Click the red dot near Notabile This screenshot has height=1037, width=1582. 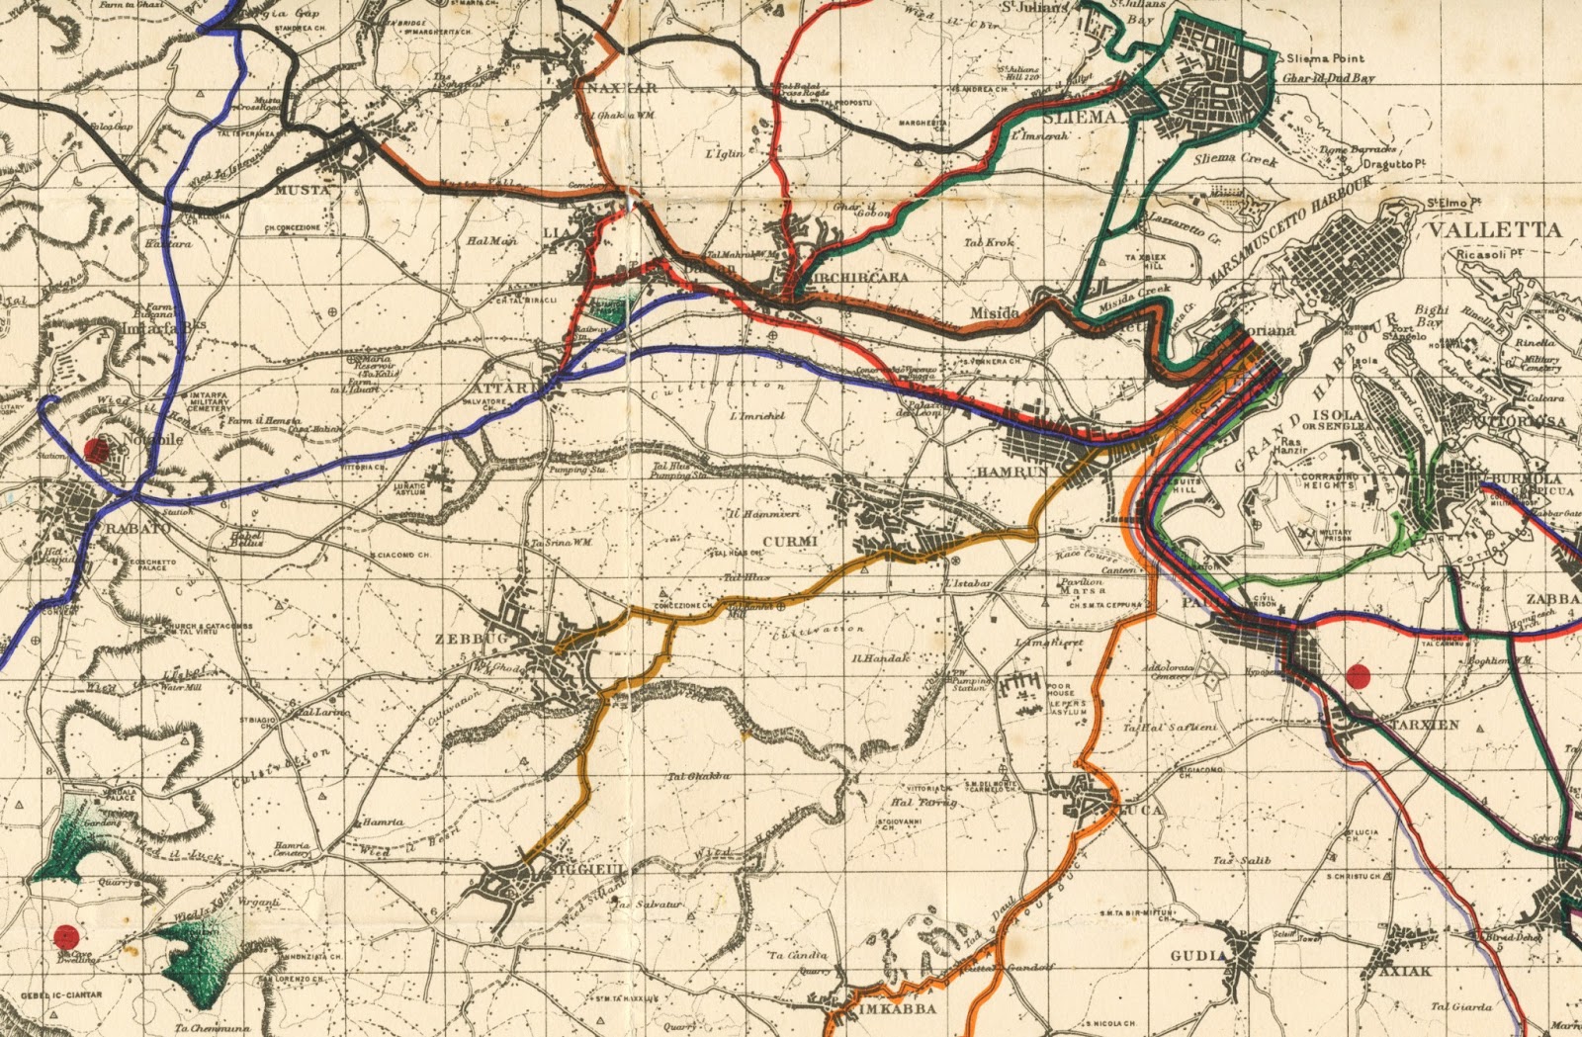pyautogui.click(x=96, y=451)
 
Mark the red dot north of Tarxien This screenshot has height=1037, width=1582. pyautogui.click(x=1359, y=676)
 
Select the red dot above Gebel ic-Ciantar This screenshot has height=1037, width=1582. pyautogui.click(x=66, y=933)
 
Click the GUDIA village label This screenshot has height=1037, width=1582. pyautogui.click(x=1198, y=956)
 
